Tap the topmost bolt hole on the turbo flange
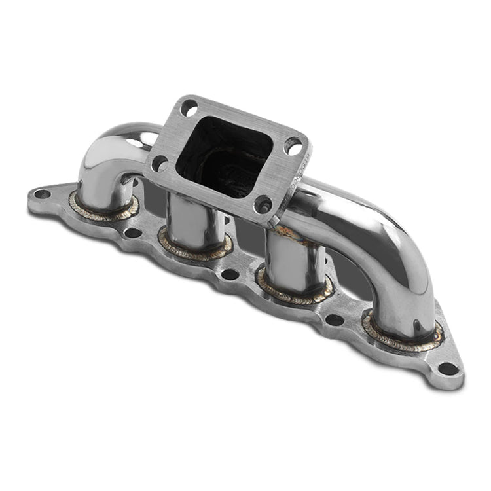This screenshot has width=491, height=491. tap(189, 107)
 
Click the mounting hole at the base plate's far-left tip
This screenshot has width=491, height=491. tap(42, 194)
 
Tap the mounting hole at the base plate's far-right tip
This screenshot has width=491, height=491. tap(448, 368)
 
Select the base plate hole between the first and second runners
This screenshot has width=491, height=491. tap(132, 232)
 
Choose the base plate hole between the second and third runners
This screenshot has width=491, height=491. tap(230, 273)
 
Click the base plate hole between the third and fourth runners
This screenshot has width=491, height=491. tap(335, 319)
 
